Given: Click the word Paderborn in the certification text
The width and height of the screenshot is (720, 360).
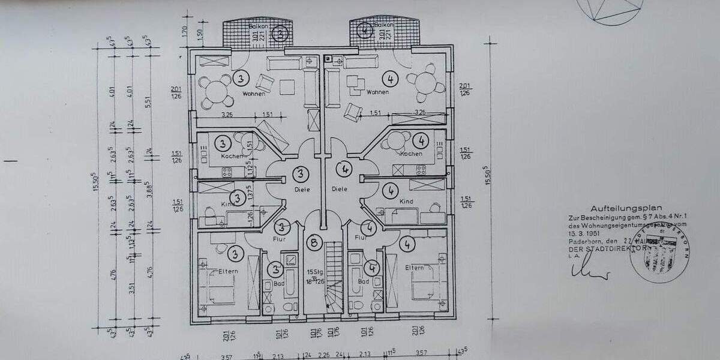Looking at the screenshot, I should (581, 241).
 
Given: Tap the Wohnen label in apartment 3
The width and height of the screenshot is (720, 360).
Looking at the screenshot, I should (254, 94).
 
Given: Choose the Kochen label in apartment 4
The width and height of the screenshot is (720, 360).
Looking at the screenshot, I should (411, 154).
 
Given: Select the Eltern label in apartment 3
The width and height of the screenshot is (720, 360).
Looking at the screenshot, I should (229, 271).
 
